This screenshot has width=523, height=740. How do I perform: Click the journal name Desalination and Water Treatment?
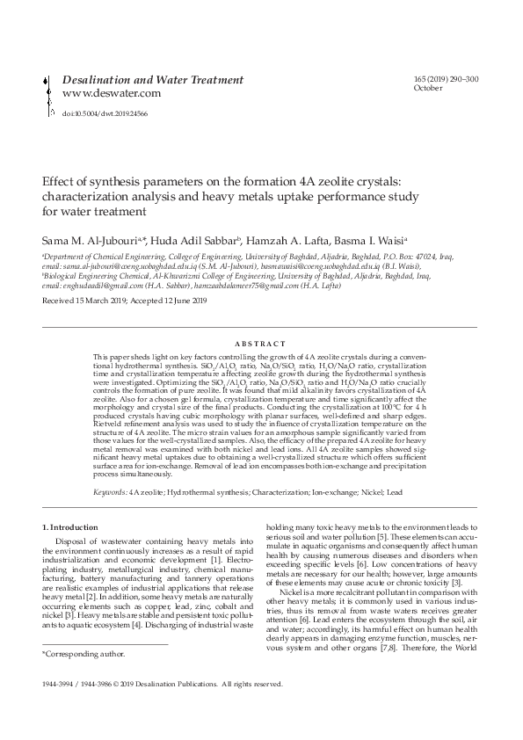click(153, 80)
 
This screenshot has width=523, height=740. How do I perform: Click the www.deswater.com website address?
click(112, 93)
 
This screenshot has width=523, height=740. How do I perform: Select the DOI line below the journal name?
click(105, 113)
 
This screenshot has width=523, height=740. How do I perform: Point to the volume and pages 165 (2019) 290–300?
click(446, 80)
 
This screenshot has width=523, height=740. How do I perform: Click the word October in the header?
click(427, 89)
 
